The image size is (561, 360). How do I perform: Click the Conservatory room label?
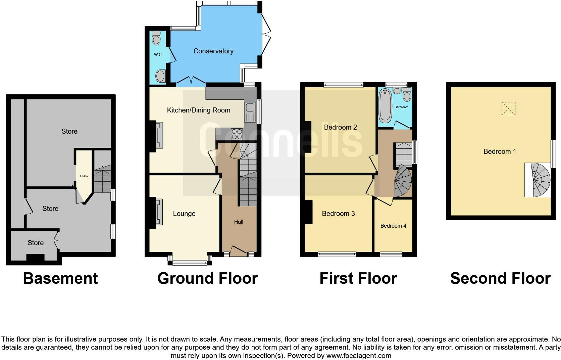point(213,51)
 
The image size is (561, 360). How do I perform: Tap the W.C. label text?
point(158,55)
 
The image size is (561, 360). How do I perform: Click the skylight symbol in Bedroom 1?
point(508,109)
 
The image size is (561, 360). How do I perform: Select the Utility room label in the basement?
point(84,176)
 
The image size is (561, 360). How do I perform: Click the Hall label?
point(239,222)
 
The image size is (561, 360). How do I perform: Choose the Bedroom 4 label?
point(393,226)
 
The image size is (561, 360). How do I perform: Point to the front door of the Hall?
point(238,251)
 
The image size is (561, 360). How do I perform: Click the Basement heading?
point(60,278)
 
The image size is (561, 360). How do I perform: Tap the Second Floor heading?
point(500,278)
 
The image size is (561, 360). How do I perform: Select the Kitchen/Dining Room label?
point(199,110)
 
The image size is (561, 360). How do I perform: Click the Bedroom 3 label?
point(338,214)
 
